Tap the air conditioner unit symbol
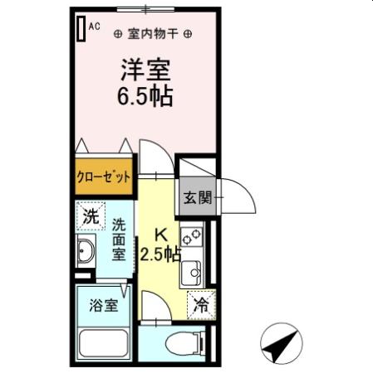point(81,28)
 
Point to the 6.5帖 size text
point(144,96)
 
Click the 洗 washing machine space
point(91,217)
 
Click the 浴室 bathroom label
point(104,305)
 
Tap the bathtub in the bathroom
point(104,343)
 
